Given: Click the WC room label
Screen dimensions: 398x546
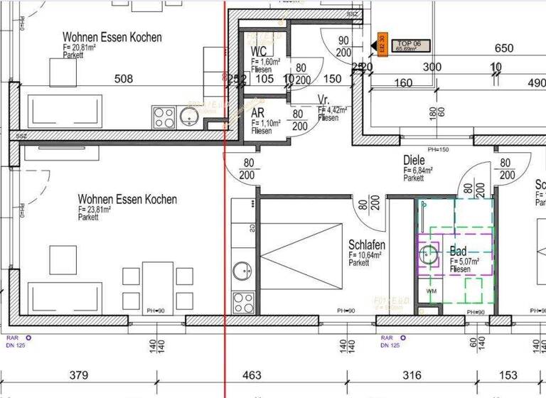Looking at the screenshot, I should pos(259,51).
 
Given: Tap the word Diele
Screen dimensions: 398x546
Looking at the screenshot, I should pos(414,161).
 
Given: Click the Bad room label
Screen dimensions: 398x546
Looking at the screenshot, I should pos(458,252).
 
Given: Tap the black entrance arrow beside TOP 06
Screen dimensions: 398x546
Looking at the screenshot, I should pos(372,47).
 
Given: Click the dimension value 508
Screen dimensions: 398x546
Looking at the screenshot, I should pos(124,79).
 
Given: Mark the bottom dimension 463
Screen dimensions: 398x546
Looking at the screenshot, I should pos(252,375).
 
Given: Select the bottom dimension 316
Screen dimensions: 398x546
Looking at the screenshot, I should pos(412,375).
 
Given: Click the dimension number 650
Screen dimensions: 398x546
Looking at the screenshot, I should pos(503,48).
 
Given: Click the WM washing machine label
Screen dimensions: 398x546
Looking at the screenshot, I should pos(431,291).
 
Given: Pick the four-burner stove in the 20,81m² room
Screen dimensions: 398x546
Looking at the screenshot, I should pos(164,116).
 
